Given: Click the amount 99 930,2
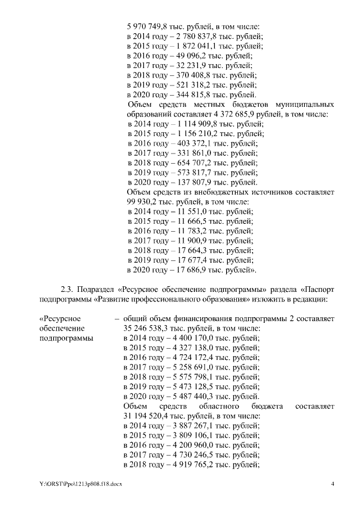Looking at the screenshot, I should click(142, 202).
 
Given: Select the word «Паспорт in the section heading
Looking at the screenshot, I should click(319, 290).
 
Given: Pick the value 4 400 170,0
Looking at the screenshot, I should click(184, 338).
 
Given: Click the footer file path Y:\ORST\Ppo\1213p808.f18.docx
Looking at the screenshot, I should click(78, 485).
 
